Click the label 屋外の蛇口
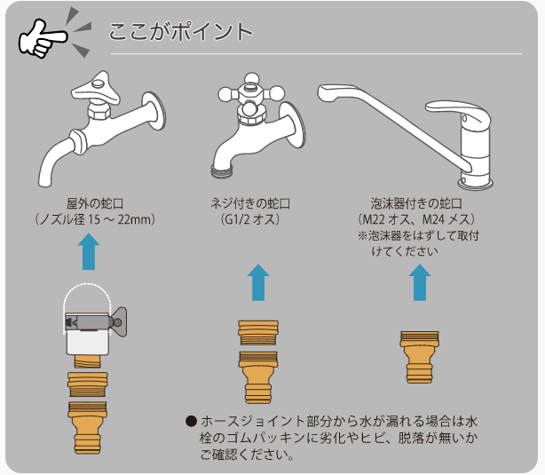(x=95, y=202)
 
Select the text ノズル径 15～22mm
(x=95, y=218)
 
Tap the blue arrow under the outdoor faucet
(x=90, y=251)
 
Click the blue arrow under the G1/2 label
(x=257, y=283)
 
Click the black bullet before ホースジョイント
(x=190, y=421)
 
